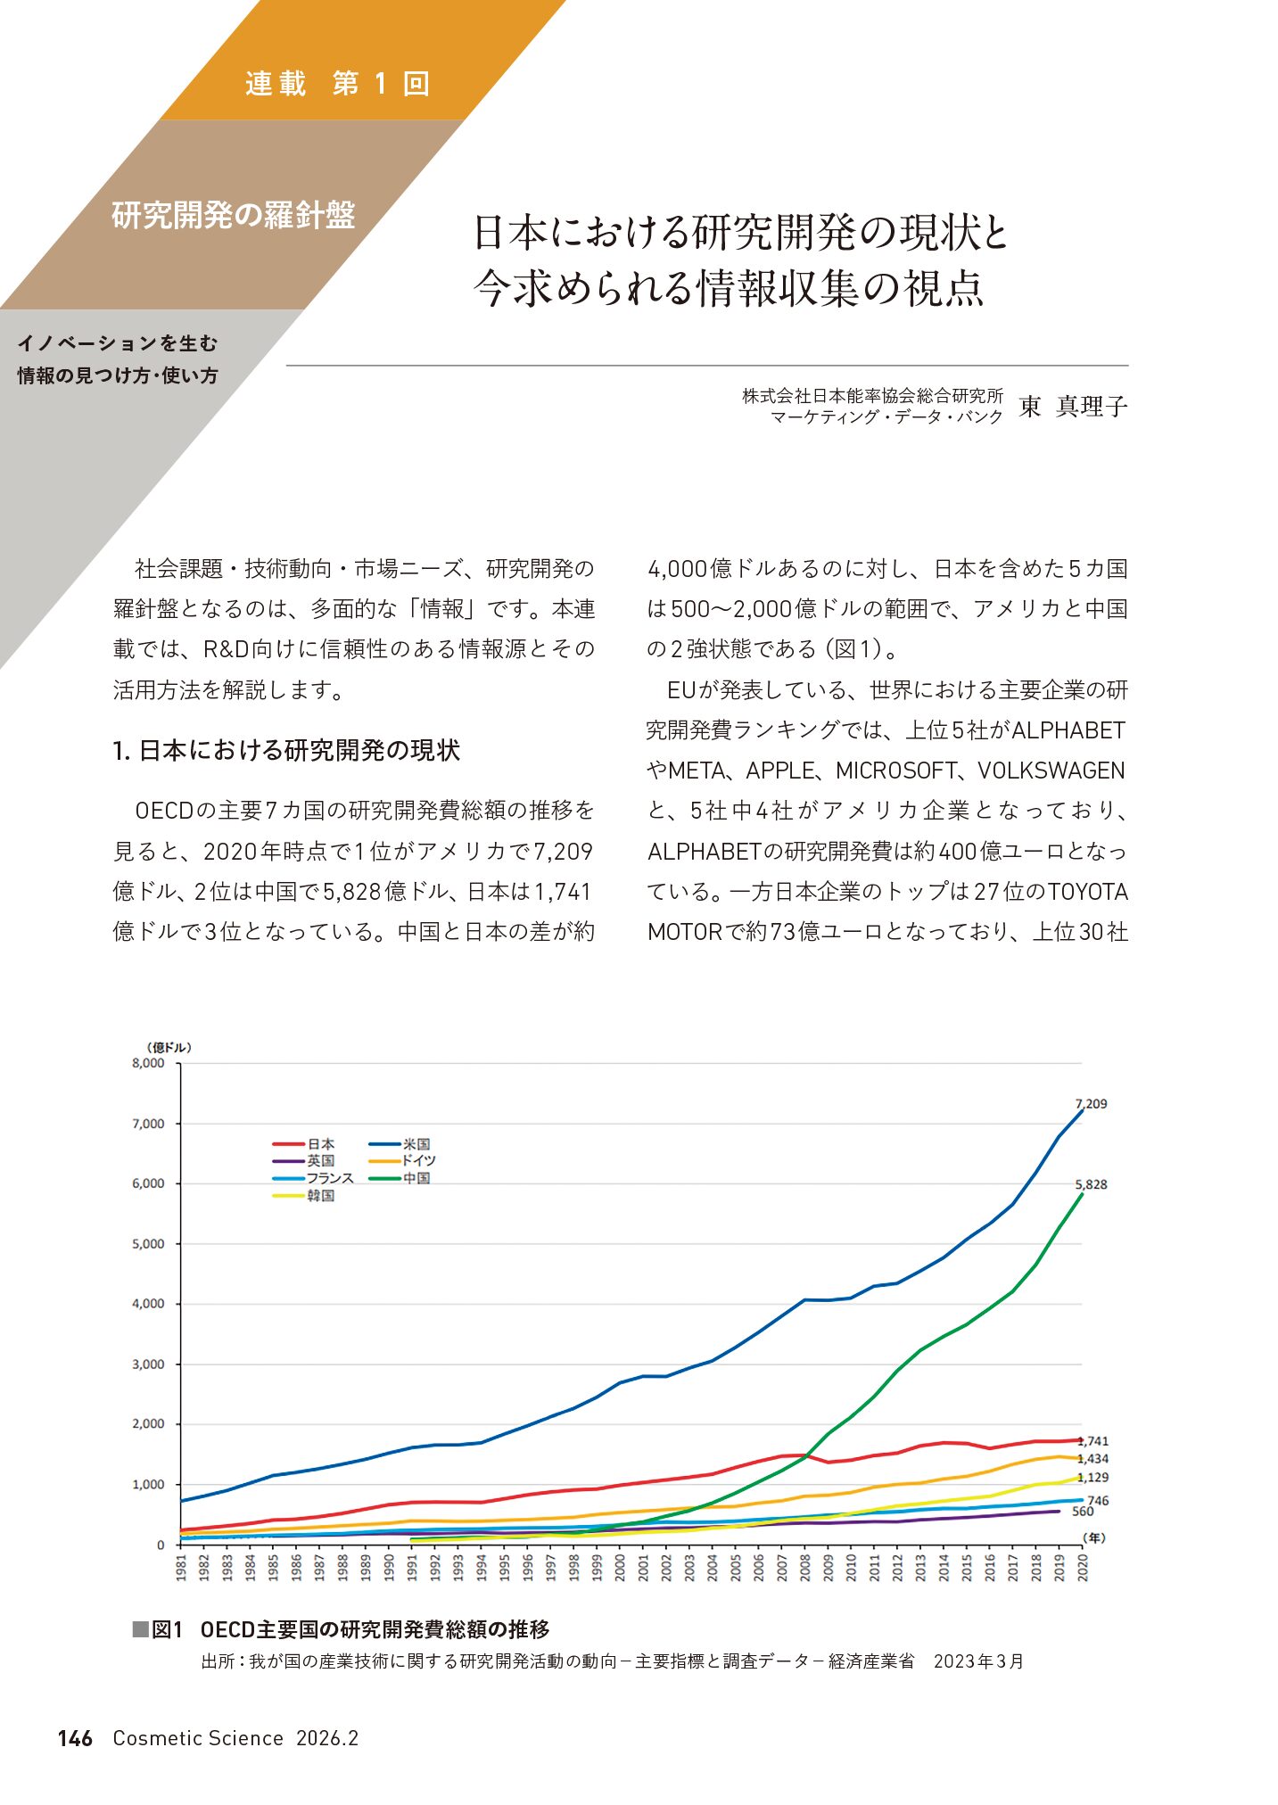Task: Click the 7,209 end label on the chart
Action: (x=1091, y=1103)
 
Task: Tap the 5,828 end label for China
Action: (x=1091, y=1184)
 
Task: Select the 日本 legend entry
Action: (x=320, y=1144)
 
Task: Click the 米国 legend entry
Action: (x=416, y=1144)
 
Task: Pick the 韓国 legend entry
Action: (x=320, y=1196)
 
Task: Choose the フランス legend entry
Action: (x=330, y=1178)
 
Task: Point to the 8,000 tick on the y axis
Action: (x=148, y=1063)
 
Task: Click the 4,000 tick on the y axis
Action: (x=148, y=1304)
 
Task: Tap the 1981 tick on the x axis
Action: (x=181, y=1569)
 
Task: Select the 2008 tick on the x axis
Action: (x=805, y=1569)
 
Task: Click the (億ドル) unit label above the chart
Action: (x=169, y=1047)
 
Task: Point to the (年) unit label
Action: (x=1093, y=1538)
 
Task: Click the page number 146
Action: (x=75, y=1738)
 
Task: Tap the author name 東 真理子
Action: (x=1073, y=407)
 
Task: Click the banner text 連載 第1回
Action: (x=337, y=84)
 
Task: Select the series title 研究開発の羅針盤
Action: (x=233, y=215)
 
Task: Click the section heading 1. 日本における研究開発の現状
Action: (x=286, y=751)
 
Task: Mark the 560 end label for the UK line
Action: (x=1082, y=1512)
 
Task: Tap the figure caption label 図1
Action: (x=166, y=1629)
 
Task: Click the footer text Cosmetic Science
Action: (x=197, y=1738)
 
